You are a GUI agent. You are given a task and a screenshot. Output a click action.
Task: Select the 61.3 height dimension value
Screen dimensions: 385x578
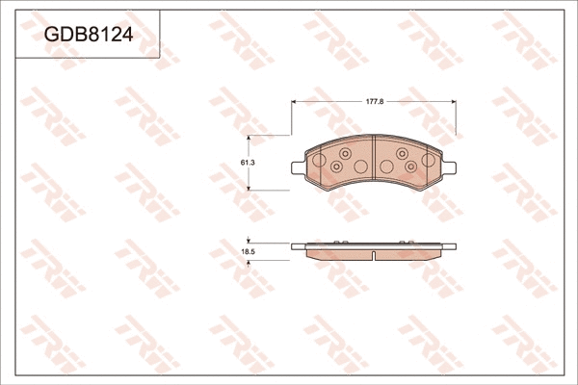pyautogui.click(x=247, y=162)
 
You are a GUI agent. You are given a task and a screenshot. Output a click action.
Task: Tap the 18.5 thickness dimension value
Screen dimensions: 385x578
pyautogui.click(x=247, y=251)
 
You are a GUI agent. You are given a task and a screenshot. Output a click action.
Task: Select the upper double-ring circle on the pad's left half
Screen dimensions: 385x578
pyautogui.click(x=345, y=152)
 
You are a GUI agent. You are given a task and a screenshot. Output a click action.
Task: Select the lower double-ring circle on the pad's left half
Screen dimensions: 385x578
pyautogui.click(x=337, y=167)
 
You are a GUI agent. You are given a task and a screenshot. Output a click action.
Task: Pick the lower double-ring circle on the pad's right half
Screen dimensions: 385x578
pyautogui.click(x=411, y=167)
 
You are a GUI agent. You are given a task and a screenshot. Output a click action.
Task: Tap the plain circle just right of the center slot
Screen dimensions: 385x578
pyautogui.click(x=386, y=167)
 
